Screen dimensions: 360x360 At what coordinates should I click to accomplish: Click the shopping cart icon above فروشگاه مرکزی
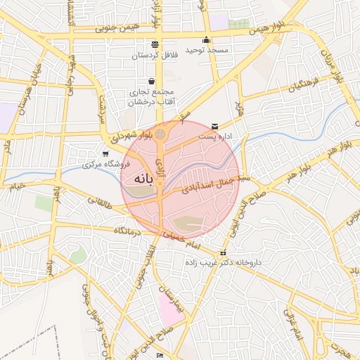pyautogui.click(x=105, y=154)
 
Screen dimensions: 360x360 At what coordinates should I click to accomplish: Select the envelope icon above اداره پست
pyautogui.click(x=214, y=127)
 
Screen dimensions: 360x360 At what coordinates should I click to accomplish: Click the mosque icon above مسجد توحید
pyautogui.click(x=205, y=40)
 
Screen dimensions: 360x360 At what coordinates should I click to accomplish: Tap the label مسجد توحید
pyautogui.click(x=205, y=51)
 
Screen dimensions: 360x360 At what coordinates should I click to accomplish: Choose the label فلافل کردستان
pyautogui.click(x=154, y=54)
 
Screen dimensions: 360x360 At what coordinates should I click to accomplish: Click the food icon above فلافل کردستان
pyautogui.click(x=155, y=44)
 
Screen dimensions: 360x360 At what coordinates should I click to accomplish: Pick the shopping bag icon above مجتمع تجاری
pyautogui.click(x=151, y=81)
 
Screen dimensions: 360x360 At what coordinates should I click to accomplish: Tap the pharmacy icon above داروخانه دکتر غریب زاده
pyautogui.click(x=223, y=252)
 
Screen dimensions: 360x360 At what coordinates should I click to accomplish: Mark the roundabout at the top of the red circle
pyautogui.click(x=160, y=134)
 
